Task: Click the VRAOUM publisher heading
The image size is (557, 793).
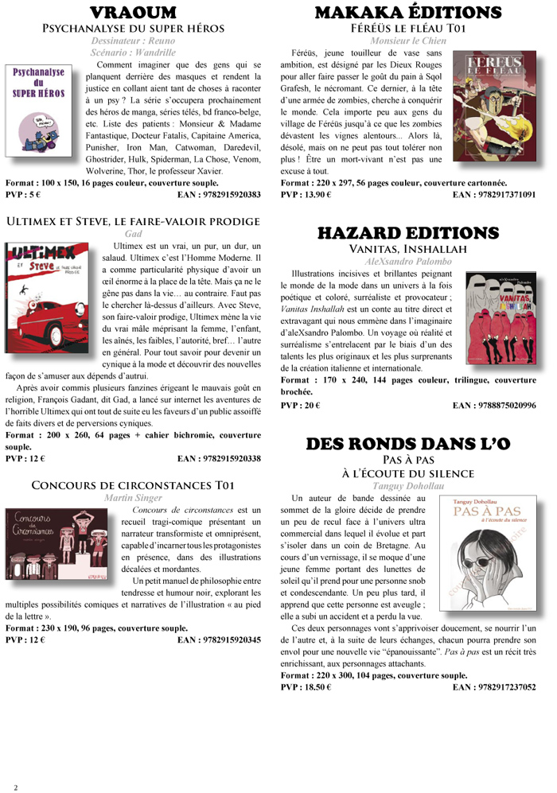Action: pyautogui.click(x=134, y=13)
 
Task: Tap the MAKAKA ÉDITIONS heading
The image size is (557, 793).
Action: pyautogui.click(x=408, y=13)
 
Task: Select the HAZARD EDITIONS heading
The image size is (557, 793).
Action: pyautogui.click(x=408, y=233)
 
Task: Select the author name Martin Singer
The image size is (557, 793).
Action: pyautogui.click(x=134, y=497)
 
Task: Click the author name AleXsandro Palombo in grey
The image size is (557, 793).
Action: pyautogui.click(x=407, y=261)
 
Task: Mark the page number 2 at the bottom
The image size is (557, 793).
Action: pyautogui.click(x=15, y=787)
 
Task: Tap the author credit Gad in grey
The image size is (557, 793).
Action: pyautogui.click(x=134, y=234)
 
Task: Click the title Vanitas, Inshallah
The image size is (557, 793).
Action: pyautogui.click(x=407, y=249)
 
